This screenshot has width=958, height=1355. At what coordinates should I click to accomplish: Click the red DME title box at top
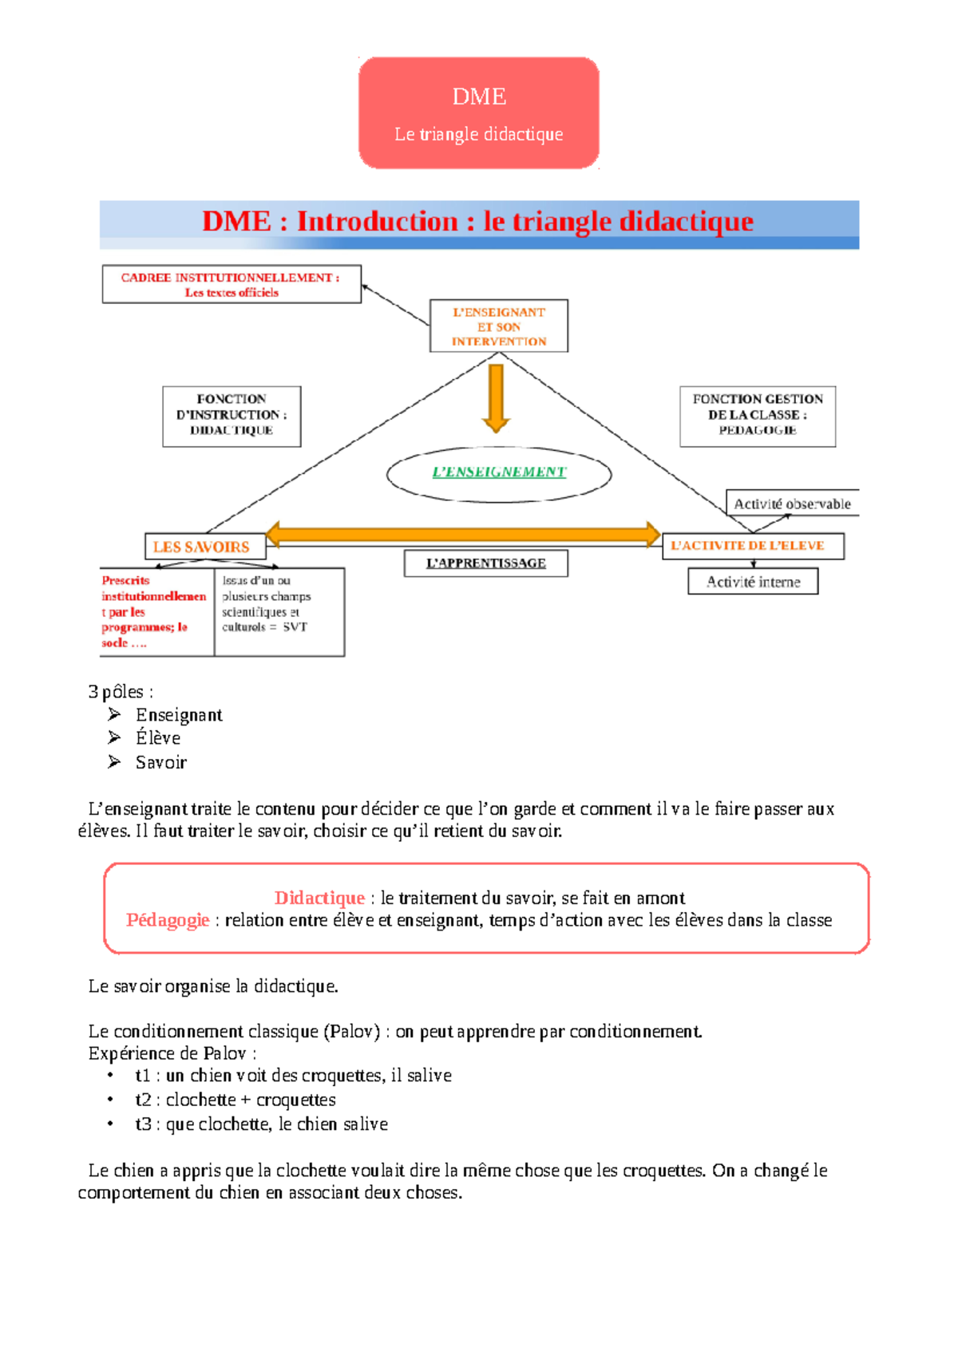coord(478,113)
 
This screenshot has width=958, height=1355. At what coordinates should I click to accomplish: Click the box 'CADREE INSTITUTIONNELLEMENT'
coord(232,284)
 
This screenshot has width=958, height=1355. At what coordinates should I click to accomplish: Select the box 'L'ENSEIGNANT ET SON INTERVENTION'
coord(499,326)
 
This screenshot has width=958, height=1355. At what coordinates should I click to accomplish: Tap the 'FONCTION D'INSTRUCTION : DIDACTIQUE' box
coord(232,416)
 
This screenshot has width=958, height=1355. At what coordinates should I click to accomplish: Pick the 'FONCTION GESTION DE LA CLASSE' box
coord(758,416)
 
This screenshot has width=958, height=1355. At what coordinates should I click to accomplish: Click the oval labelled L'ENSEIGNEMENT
coord(499,474)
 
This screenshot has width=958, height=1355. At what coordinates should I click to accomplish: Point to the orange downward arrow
coord(496,397)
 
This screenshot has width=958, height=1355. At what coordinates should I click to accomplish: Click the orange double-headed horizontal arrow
coord(463,534)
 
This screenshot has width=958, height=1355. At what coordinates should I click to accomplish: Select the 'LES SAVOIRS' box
coord(204,547)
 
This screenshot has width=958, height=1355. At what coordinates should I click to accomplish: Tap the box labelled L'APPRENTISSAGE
coord(485,563)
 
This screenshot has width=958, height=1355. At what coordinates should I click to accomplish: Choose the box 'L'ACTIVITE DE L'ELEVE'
coord(752,546)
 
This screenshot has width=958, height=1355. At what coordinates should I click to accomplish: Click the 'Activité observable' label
coord(792,504)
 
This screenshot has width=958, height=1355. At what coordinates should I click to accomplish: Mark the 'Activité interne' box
coord(753,582)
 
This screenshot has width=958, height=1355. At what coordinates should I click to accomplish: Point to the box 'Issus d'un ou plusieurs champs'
coord(279,611)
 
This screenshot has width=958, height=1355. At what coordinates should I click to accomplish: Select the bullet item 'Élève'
coord(158,738)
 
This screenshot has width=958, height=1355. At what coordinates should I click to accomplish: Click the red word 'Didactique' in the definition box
coord(319,898)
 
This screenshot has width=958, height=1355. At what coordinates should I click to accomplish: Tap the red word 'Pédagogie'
coord(168,920)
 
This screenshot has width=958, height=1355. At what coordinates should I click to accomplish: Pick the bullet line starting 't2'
coord(236,1100)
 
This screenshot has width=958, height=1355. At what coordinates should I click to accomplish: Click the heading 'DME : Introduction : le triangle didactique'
coord(478,222)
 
